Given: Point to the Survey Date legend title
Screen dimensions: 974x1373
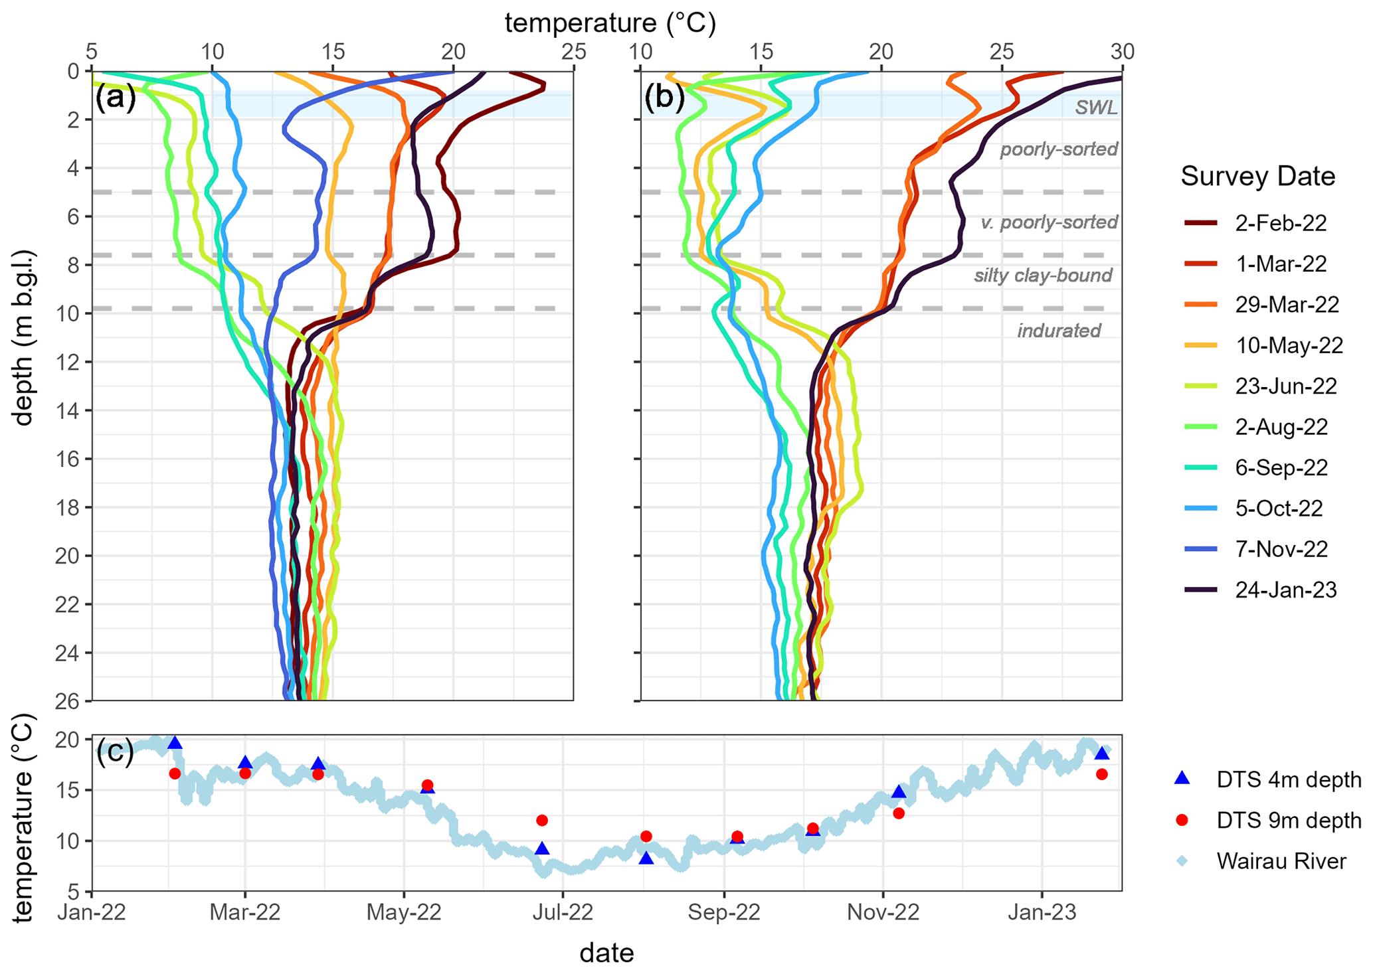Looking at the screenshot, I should (x=1257, y=177).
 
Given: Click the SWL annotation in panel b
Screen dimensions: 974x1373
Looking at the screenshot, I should (x=1096, y=108).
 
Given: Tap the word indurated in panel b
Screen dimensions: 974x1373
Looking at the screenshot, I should (x=1059, y=331).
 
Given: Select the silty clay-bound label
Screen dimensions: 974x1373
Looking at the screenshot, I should (x=1043, y=276).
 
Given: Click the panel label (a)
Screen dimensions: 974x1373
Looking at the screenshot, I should (x=116, y=98).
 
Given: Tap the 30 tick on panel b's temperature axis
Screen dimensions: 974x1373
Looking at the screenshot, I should (x=1122, y=52).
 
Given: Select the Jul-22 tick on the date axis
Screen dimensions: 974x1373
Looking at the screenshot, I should (x=563, y=912).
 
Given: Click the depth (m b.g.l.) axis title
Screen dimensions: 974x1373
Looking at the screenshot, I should (x=24, y=339).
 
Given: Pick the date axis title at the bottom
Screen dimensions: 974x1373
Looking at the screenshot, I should (x=606, y=953).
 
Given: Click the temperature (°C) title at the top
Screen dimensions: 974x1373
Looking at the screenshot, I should (x=610, y=23).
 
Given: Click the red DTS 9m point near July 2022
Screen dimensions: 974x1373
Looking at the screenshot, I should (x=542, y=821).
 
